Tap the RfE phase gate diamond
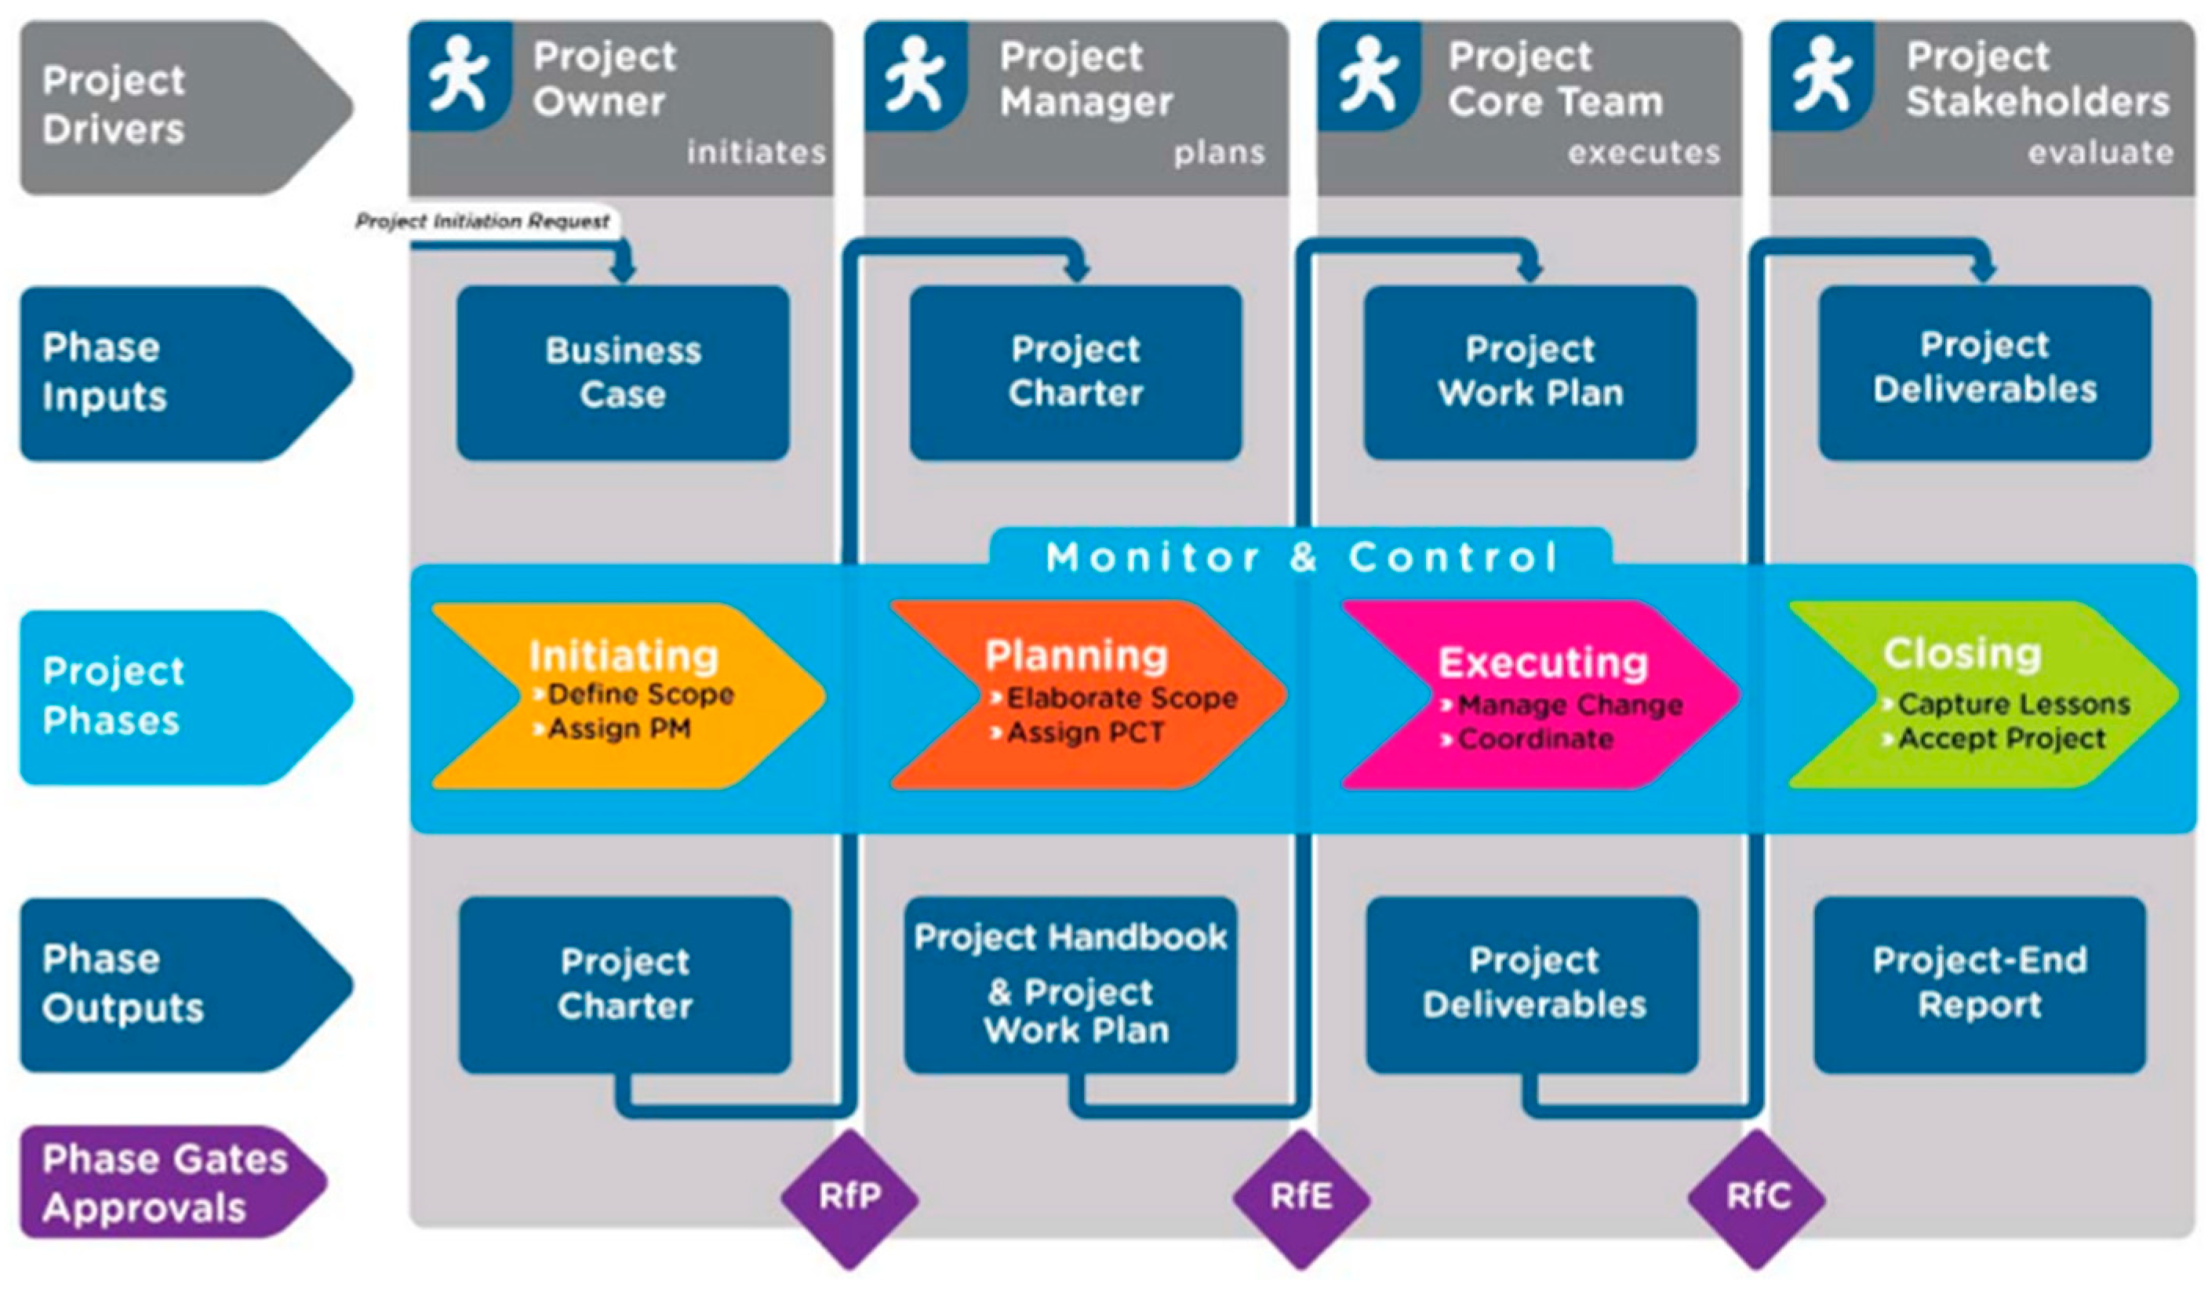tap(1301, 1197)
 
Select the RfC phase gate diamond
tap(1757, 1197)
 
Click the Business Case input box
tap(623, 372)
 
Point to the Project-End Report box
tap(1979, 984)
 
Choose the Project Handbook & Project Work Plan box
tap(1071, 984)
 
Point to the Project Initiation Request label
tap(483, 222)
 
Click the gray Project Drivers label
tap(114, 105)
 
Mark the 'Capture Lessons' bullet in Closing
tap(2013, 704)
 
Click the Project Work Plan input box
tap(1530, 372)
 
